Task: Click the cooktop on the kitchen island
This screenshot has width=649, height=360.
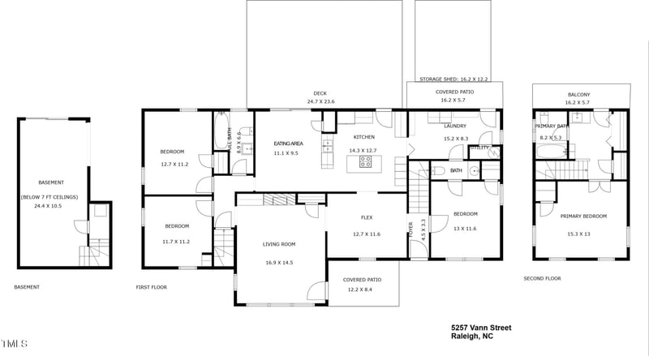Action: click(365, 163)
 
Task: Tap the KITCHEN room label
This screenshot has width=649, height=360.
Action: click(363, 137)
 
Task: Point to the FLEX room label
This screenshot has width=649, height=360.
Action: click(367, 217)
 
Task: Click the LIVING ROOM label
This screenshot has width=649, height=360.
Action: click(278, 244)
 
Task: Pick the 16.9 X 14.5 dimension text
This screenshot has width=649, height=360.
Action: click(278, 263)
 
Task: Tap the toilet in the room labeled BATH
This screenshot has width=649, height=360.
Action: click(437, 170)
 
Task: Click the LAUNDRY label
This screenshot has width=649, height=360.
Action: click(454, 126)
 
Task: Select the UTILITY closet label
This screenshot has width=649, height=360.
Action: click(479, 148)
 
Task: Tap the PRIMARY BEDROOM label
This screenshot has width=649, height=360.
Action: click(582, 216)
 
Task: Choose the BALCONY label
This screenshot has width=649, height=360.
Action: click(578, 95)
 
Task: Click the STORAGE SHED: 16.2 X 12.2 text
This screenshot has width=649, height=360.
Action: click(455, 79)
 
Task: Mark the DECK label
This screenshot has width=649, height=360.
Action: click(321, 92)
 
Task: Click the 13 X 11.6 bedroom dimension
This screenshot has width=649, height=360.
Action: click(465, 229)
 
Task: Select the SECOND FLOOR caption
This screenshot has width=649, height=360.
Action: click(542, 279)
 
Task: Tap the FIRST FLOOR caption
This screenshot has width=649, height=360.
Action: click(151, 287)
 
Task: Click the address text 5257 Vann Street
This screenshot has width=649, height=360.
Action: click(481, 328)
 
